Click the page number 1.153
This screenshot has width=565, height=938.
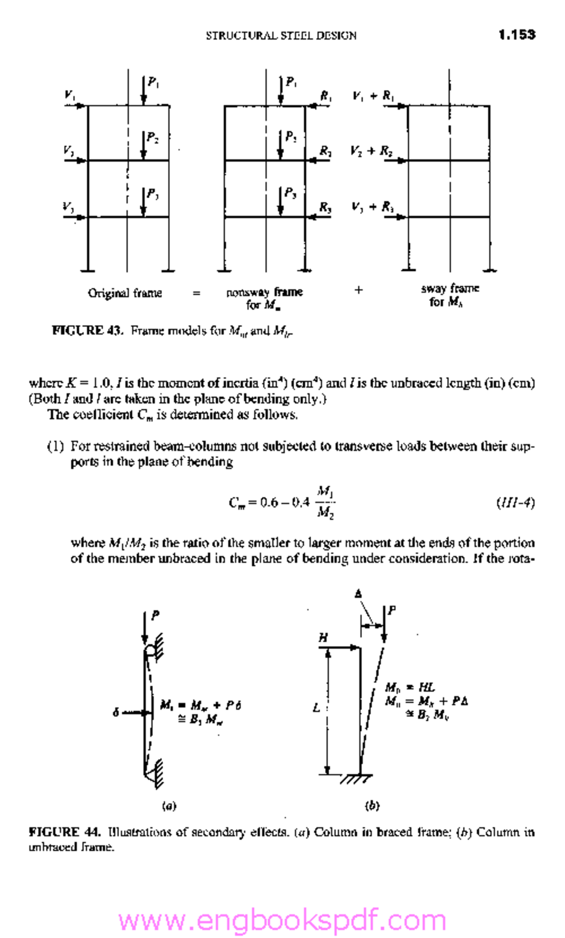tap(517, 34)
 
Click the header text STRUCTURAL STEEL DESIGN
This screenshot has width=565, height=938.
tap(281, 35)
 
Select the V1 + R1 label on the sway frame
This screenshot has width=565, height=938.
tap(373, 96)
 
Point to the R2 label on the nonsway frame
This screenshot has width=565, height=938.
tap(325, 151)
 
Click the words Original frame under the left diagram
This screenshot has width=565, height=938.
tap(125, 293)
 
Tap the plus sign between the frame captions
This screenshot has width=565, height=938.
tap(358, 290)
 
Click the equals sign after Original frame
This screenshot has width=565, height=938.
tap(196, 293)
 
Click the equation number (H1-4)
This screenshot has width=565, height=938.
tap(516, 503)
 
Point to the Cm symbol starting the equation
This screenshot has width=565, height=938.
tap(237, 503)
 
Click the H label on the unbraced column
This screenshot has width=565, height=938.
tap(323, 638)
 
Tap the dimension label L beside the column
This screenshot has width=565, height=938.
tap(316, 707)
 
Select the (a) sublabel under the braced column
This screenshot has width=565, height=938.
tap(169, 806)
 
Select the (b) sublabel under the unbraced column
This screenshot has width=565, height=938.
tap(372, 806)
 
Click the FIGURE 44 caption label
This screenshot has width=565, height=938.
tap(65, 832)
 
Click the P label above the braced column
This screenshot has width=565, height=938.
tap(155, 615)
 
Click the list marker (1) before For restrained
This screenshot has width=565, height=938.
tap(55, 446)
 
